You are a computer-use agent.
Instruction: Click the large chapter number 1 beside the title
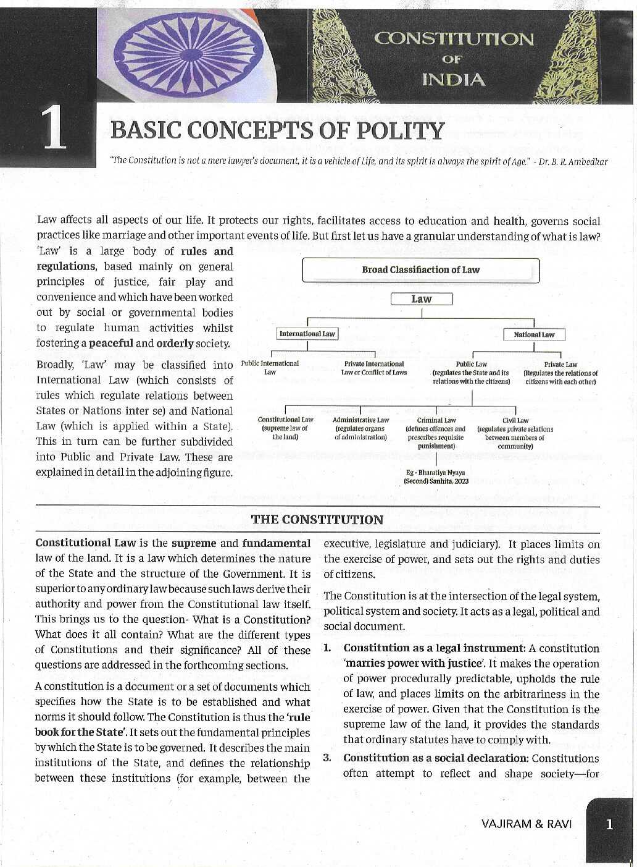[54, 129]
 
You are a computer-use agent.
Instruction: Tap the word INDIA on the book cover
[454, 80]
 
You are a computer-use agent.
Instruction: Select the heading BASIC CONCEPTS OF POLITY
[277, 131]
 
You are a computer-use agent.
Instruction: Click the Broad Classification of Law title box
[420, 270]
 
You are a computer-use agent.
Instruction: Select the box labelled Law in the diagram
[422, 299]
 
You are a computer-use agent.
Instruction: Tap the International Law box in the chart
[307, 334]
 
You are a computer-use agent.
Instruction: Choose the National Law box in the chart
[534, 335]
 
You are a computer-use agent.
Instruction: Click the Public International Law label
[270, 368]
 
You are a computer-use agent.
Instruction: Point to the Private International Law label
[374, 368]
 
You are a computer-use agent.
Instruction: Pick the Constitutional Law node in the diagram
[285, 428]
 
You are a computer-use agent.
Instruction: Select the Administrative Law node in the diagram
[360, 428]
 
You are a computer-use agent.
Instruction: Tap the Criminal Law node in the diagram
[436, 433]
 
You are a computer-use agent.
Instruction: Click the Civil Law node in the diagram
[515, 433]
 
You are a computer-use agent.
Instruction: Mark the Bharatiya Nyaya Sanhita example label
[436, 476]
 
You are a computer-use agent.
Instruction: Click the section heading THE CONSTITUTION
[317, 520]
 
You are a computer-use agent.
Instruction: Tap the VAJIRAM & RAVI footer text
[527, 824]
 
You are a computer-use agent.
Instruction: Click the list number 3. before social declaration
[327, 758]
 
